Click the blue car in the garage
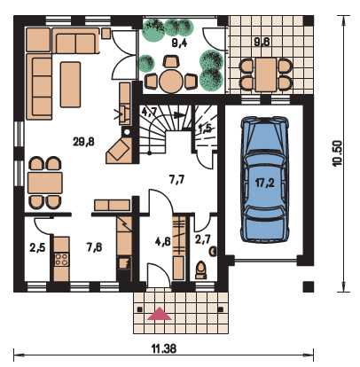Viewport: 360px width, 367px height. click(x=264, y=180)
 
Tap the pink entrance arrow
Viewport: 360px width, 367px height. click(x=160, y=314)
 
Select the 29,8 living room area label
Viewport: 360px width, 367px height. click(x=83, y=142)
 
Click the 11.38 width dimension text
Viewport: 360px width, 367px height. click(x=164, y=348)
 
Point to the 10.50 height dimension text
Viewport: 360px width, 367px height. click(x=337, y=153)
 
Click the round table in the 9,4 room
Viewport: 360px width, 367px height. click(x=171, y=81)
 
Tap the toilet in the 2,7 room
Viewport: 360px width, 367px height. click(x=201, y=269)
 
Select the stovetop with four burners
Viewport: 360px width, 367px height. click(x=61, y=259)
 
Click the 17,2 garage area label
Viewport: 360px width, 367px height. click(x=265, y=183)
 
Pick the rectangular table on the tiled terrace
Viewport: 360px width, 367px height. click(x=266, y=74)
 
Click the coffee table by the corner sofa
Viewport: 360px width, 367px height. click(x=70, y=84)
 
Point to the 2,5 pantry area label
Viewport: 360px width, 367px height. click(x=37, y=247)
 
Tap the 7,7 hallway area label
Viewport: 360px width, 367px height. click(x=176, y=179)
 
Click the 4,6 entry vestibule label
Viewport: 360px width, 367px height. click(x=163, y=241)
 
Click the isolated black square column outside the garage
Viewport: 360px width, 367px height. click(x=309, y=286)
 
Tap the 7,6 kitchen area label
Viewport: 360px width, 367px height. click(x=94, y=247)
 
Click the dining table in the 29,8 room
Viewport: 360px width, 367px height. click(x=44, y=183)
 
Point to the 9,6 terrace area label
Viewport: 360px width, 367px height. click(x=262, y=43)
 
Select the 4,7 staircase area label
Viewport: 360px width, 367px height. click(x=148, y=113)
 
